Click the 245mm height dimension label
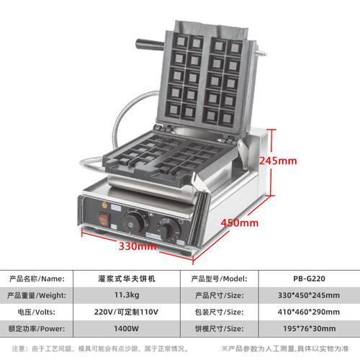point(278,161)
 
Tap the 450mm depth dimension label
point(240,223)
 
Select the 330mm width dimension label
point(138,246)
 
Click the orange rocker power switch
point(104,219)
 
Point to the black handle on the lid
point(150,45)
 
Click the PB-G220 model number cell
point(309,279)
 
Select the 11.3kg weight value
point(127,295)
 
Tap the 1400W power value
point(127,328)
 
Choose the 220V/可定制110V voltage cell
point(126,312)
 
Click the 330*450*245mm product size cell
point(309,295)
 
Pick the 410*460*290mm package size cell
point(309,312)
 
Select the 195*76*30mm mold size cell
point(310,328)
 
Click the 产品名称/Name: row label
point(37,279)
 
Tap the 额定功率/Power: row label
point(37,329)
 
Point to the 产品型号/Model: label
point(219,279)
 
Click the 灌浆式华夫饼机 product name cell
point(127,279)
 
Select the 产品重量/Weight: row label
point(37,295)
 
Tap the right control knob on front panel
point(168,230)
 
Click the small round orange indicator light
point(104,205)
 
